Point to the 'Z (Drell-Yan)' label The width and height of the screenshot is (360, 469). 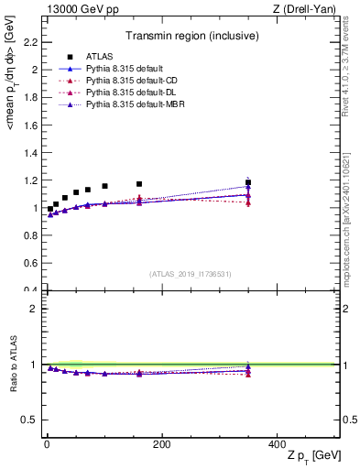coord(310,9)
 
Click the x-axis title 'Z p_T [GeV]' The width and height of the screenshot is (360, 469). coord(310,456)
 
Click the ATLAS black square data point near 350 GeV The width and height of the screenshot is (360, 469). coord(248,182)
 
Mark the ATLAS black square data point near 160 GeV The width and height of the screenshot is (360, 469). coord(139,184)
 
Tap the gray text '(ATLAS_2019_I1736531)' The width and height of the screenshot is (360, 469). coord(191,274)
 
